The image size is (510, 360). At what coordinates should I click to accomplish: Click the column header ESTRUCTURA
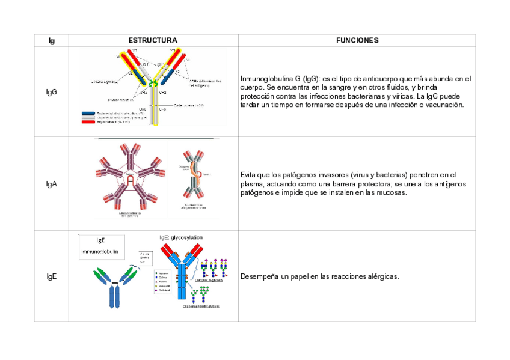(x=153, y=40)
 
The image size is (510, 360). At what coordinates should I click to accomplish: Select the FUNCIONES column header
(x=357, y=40)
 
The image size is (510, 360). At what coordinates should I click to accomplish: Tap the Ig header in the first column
(x=51, y=40)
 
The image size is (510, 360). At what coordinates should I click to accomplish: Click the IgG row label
(x=51, y=92)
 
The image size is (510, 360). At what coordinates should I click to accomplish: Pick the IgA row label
(x=51, y=184)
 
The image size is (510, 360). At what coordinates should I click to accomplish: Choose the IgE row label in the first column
(x=51, y=276)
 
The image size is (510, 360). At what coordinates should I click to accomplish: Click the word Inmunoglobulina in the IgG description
(x=262, y=79)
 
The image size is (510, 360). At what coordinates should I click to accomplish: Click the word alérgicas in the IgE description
(x=382, y=276)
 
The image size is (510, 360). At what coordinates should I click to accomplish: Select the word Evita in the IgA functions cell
(x=249, y=175)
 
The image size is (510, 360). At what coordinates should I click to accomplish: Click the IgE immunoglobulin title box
(x=100, y=246)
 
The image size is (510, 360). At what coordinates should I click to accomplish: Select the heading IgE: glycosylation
(x=181, y=237)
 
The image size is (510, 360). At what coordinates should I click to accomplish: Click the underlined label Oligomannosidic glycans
(x=201, y=306)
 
